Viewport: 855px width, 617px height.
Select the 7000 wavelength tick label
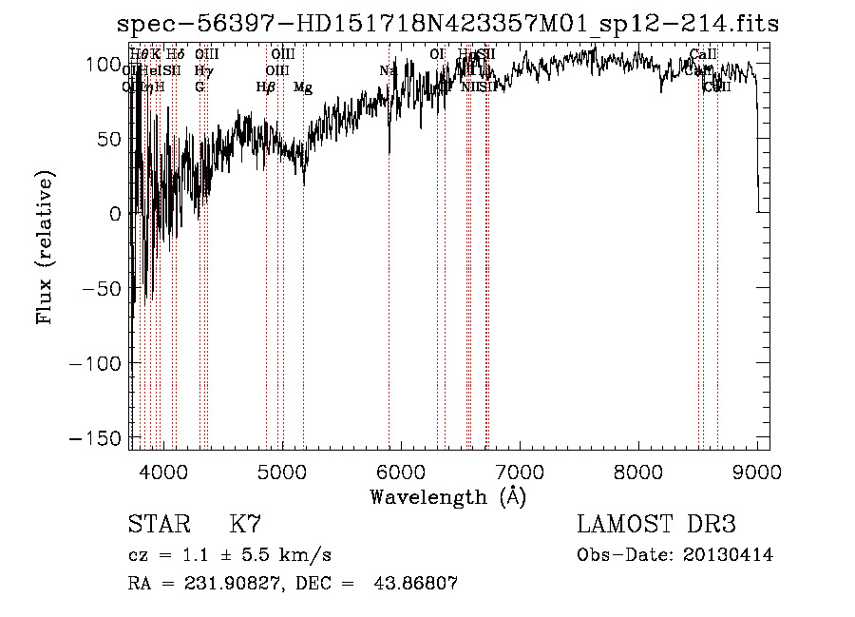tap(520, 471)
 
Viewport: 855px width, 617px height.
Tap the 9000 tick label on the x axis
tap(757, 471)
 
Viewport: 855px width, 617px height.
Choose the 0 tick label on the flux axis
tap(116, 215)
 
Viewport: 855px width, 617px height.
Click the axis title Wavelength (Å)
tap(447, 496)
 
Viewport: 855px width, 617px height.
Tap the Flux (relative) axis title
tap(45, 247)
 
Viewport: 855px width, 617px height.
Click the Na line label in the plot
tap(388, 70)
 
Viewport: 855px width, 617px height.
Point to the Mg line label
tap(303, 87)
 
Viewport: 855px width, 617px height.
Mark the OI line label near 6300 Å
tap(437, 54)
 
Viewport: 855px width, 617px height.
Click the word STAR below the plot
tap(158, 525)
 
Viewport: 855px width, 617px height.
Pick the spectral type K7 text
tap(245, 525)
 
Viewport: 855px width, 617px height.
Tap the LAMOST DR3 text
tap(655, 525)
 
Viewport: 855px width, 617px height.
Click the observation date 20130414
tap(728, 555)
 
